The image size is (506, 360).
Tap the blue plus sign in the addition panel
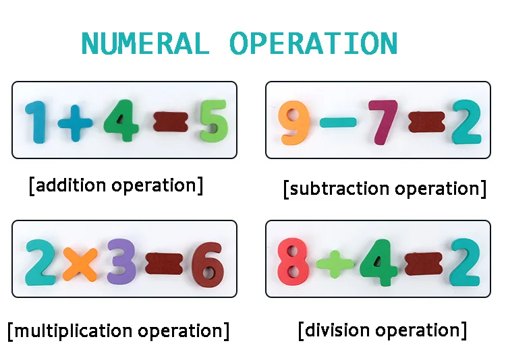pos(74,123)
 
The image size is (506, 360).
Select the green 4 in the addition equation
pos(122,121)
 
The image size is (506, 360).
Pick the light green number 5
pos(214,121)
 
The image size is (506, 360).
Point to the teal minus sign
pos(338,122)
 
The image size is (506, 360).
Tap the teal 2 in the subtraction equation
pos(466,122)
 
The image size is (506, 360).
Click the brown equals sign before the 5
pos(170,122)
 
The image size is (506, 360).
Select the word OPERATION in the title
pos(313,44)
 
